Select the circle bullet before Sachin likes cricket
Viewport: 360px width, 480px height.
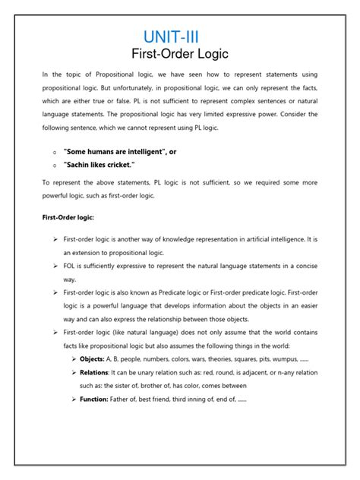(x=55, y=166)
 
